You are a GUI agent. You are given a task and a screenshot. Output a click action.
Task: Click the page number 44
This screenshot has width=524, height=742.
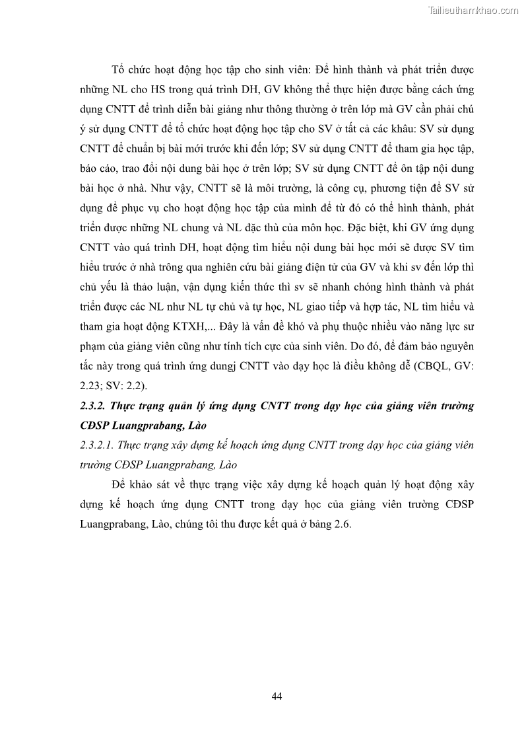277,696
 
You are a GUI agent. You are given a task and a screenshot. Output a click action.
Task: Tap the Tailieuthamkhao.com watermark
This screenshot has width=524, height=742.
473,10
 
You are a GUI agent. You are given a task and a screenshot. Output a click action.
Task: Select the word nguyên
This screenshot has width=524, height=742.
455,347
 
